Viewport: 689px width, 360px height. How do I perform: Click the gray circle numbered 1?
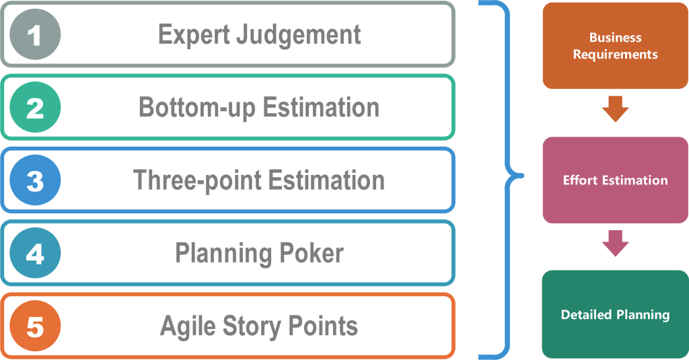[36, 34]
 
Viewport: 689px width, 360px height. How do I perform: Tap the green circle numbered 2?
[36, 108]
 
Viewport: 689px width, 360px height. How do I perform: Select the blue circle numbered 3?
[36, 180]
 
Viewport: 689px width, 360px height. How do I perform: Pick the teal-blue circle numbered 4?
[36, 254]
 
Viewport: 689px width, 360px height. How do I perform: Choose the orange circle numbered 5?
[36, 326]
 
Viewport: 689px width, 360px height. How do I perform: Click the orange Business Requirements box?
[615, 46]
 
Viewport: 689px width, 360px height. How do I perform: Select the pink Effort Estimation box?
[615, 180]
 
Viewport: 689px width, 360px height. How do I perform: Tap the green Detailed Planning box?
[615, 314]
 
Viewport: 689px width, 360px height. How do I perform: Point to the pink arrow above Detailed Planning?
[615, 243]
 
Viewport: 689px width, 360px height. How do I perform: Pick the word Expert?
[193, 35]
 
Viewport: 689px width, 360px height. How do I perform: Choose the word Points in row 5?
[324, 326]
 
